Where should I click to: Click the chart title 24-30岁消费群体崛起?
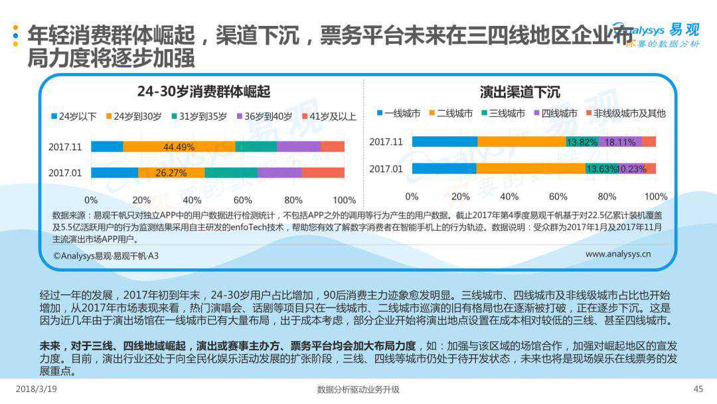point(204,92)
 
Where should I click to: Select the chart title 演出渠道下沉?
point(520,92)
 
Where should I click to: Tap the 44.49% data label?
point(179,147)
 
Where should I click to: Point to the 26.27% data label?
point(171,173)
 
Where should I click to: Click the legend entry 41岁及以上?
point(329,116)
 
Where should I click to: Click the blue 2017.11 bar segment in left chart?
point(107,147)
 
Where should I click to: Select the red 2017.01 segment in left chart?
point(323,173)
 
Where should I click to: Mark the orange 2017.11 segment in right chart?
point(521,142)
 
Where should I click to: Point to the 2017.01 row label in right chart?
point(386,169)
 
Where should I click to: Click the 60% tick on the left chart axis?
point(242,200)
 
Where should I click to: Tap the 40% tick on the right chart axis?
point(509,197)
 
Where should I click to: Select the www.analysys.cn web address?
point(617,254)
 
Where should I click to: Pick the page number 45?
point(698,389)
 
